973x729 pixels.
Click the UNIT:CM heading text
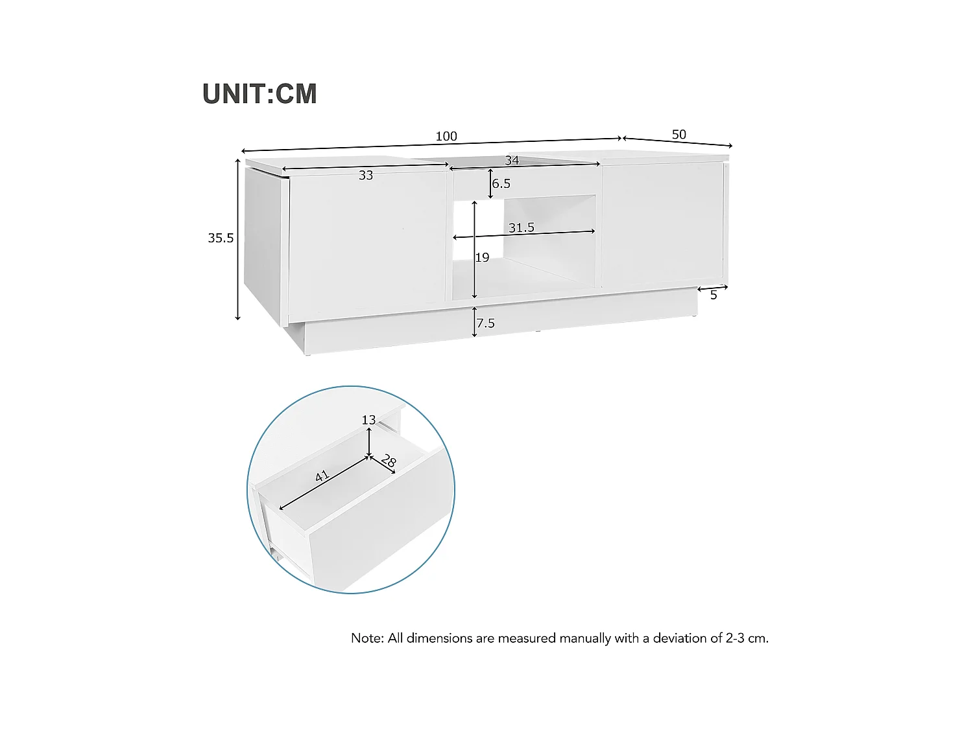pos(259,94)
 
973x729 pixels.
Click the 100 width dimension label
pos(446,136)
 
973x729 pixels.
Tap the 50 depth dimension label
pos(679,134)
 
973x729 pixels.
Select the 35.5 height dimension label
pos(221,238)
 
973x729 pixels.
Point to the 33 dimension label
pos(366,175)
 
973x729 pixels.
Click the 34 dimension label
pos(512,160)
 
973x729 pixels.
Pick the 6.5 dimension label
pos(501,183)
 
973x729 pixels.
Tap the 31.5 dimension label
pos(522,227)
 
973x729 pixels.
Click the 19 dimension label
pos(483,258)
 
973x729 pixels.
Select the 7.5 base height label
pos(486,323)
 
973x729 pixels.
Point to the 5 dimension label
pos(714,295)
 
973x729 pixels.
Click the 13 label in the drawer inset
pos(368,420)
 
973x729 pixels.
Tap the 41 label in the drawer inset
pos(322,476)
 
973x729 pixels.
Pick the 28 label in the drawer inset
pos(389,461)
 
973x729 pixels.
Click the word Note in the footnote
pos(366,638)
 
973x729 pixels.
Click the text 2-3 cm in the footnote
pos(747,638)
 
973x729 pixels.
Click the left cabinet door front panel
pos(366,240)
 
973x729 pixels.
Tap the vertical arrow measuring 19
pos(475,249)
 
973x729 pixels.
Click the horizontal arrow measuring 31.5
pos(524,235)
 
